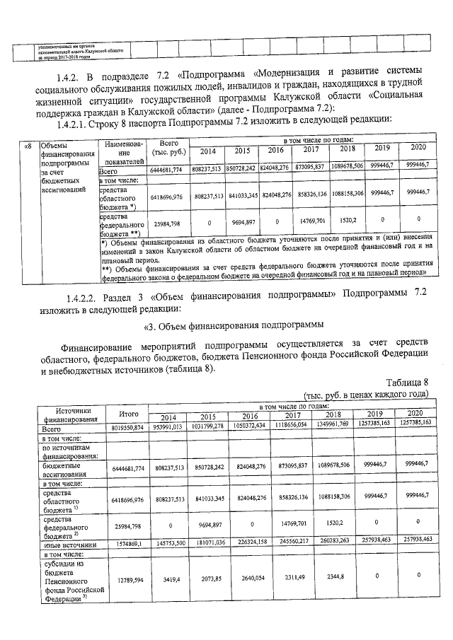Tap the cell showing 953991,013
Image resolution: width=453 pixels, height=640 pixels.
click(168, 428)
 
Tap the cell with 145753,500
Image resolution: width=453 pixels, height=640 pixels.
click(168, 545)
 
